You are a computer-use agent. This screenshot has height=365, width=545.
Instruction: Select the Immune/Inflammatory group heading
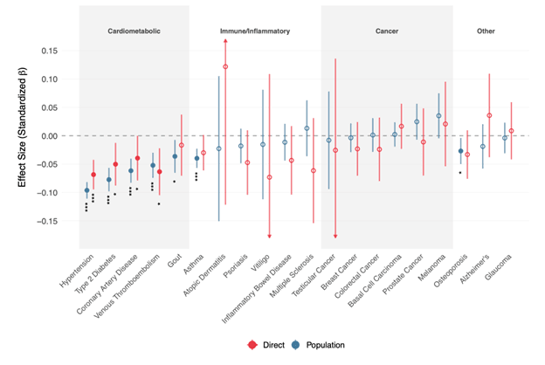tap(254, 30)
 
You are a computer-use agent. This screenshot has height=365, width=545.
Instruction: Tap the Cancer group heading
tap(387, 30)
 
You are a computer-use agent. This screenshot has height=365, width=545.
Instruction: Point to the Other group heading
tap(486, 30)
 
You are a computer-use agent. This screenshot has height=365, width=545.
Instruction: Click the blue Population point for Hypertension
tap(86, 190)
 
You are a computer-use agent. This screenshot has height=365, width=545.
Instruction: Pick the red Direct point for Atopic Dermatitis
tap(225, 67)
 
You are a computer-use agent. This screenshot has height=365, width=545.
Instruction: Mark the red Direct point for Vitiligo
tap(269, 177)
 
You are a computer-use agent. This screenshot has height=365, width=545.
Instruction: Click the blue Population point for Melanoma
tap(438, 116)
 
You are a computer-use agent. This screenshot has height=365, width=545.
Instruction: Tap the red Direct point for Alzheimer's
tap(489, 115)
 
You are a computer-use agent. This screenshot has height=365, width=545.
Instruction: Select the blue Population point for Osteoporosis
tap(460, 152)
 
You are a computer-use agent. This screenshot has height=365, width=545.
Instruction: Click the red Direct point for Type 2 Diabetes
tap(115, 164)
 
